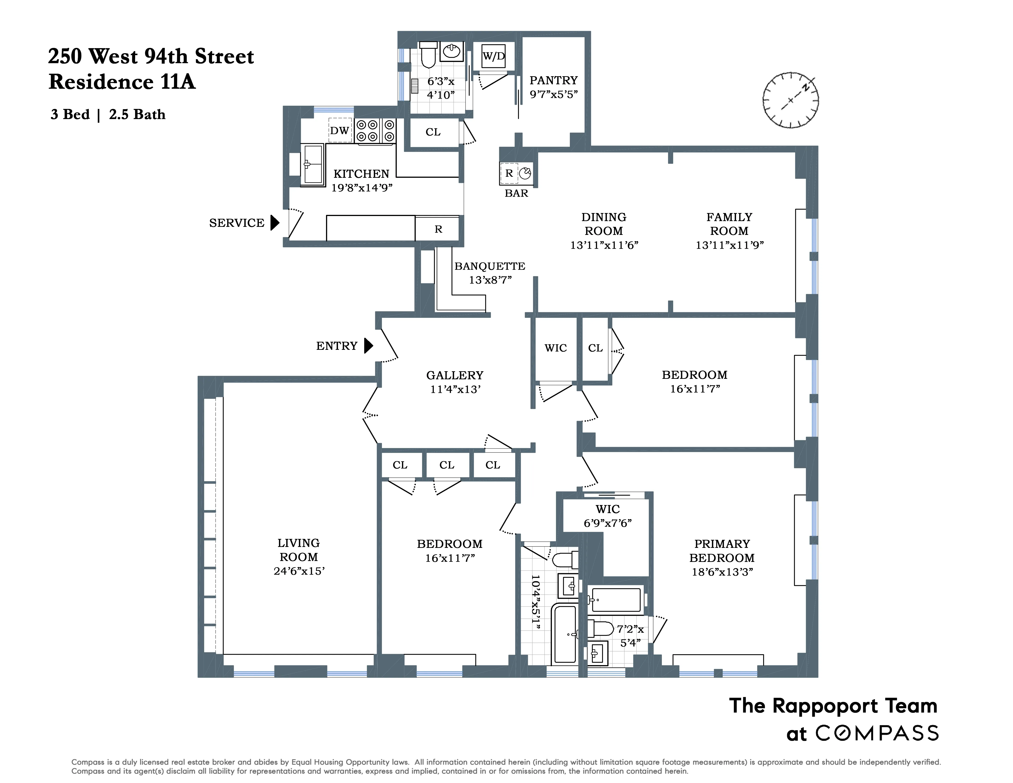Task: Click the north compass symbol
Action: coord(790,100)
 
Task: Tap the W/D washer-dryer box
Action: coord(494,56)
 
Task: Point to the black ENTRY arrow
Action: coord(368,346)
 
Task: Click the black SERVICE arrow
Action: coord(275,223)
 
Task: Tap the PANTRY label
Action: coord(553,80)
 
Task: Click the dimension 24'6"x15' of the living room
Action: coord(299,571)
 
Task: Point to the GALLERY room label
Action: coord(454,375)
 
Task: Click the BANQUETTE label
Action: coord(490,266)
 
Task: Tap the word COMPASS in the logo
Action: coord(877,733)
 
